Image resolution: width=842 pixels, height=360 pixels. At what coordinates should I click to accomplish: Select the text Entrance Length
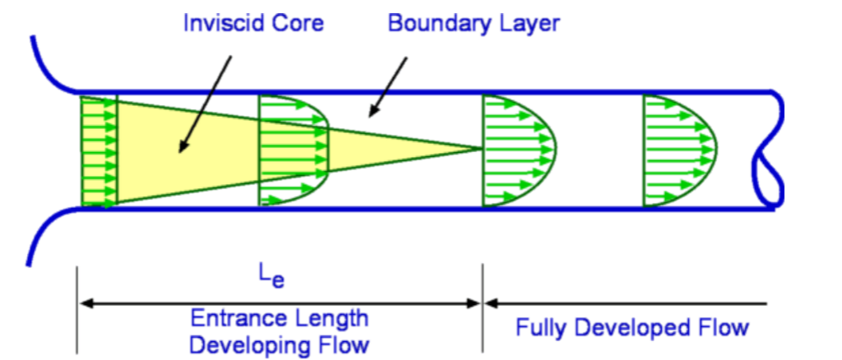[280, 318]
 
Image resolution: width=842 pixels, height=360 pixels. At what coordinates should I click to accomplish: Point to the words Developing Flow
[280, 344]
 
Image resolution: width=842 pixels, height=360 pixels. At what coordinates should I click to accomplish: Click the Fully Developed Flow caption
[632, 328]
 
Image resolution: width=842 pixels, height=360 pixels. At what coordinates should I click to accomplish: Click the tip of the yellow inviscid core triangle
[479, 149]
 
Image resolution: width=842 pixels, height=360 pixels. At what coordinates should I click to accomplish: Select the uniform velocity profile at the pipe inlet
[99, 150]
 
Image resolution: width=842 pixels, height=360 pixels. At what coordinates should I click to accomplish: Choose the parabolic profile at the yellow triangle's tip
[518, 150]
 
